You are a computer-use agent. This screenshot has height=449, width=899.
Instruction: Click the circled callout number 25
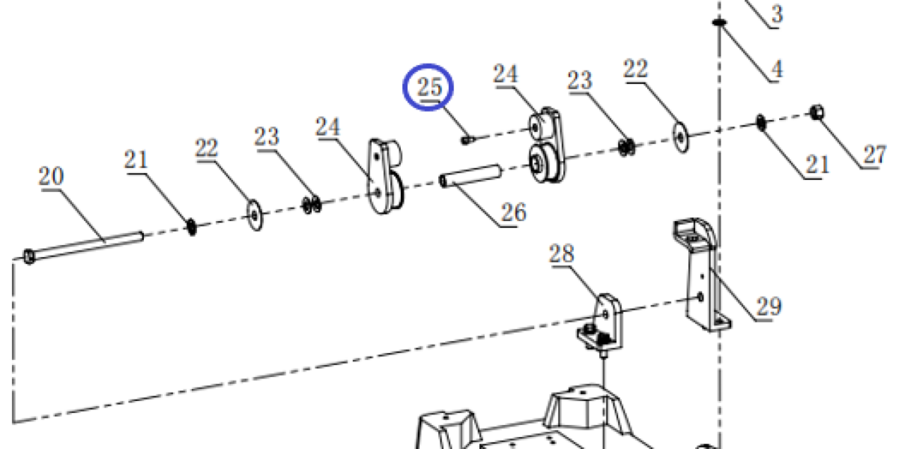coord(429,87)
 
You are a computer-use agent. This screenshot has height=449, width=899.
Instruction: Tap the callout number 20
coord(51,176)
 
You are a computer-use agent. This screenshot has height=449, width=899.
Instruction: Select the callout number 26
coord(514,213)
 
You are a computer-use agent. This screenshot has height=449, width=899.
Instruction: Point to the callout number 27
coord(875,155)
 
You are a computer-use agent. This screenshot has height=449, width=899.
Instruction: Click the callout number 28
coord(561,254)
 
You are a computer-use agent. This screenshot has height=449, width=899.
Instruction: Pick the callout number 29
coord(769,306)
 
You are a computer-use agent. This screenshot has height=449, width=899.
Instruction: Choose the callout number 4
coord(777,69)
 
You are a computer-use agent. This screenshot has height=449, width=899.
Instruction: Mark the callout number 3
coord(777,14)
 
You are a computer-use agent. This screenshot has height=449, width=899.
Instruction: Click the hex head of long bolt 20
coord(29,257)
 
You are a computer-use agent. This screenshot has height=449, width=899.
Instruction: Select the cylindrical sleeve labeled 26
coord(470,176)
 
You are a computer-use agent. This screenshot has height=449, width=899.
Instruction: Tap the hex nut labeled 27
coord(817,112)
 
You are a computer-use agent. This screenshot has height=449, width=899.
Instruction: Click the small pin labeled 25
coord(467,140)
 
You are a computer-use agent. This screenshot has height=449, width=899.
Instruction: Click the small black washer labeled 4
coord(719,22)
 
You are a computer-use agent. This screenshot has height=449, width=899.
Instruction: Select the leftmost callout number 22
coord(206,148)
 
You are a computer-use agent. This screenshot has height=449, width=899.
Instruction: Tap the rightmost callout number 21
coord(817,165)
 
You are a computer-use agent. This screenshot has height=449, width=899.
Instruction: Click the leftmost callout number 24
coord(328,127)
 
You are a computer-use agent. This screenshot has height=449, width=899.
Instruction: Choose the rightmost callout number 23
coord(580,80)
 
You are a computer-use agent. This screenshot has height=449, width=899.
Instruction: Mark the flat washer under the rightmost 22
coord(681,137)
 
